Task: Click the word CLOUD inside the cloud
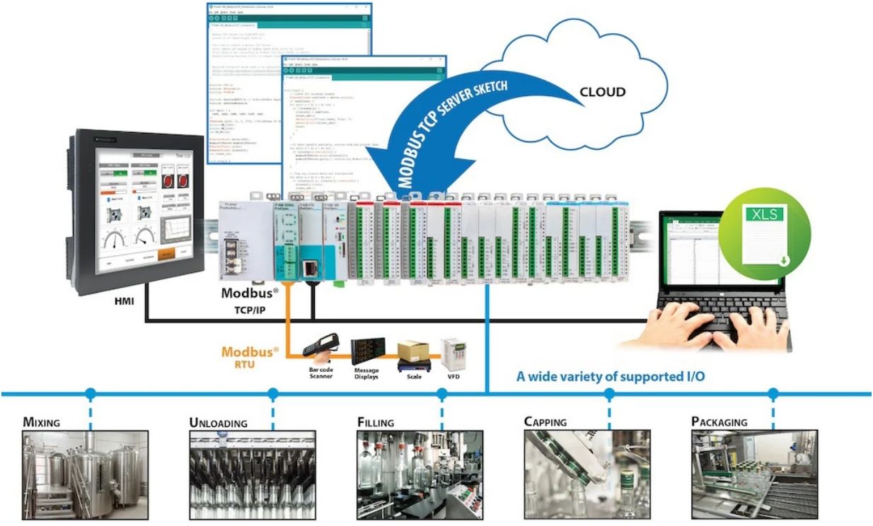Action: pos(602,92)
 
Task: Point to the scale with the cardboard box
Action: pos(415,353)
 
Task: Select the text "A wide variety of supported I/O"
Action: pos(610,376)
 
